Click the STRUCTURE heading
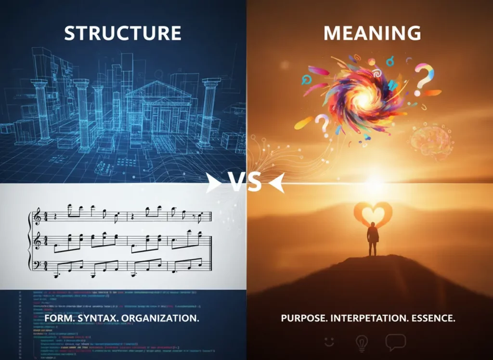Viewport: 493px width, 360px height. [x=123, y=33]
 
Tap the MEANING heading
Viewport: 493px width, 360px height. [x=372, y=33]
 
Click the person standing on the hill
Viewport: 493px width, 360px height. [x=373, y=238]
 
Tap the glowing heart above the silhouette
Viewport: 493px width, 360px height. [x=373, y=213]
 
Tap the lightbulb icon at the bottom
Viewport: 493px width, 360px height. [x=361, y=343]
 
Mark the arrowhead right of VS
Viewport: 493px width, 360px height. [x=276, y=183]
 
